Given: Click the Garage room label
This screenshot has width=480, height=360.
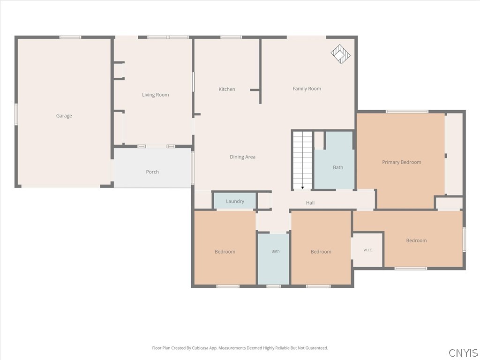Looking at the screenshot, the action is coord(64,116).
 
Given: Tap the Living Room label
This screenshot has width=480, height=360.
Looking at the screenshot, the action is coord(155,95).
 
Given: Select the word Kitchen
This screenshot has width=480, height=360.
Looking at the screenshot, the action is coord(227,89).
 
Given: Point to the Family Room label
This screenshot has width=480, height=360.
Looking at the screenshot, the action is coord(307,89).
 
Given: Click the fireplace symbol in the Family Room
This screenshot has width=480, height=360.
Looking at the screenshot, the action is coord(340,54).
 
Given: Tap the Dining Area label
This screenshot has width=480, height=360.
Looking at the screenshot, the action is coord(242,157).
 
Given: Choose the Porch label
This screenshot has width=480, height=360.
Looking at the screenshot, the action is coord(152,172).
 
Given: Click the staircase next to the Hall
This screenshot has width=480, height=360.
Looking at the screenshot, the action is coord(302,160).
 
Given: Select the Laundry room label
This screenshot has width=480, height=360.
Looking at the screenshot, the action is coord(235,201).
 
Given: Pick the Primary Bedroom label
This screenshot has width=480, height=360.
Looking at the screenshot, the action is coord(401,162).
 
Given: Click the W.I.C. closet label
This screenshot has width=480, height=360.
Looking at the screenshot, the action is coord(368,250).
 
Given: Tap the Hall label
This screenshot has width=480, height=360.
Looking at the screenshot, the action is coord(310,202).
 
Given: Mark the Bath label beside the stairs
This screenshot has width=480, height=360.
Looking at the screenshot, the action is coord(338,167).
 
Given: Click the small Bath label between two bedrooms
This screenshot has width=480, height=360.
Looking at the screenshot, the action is coord(276,251).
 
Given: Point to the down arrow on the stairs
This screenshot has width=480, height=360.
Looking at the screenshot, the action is coord(302,187).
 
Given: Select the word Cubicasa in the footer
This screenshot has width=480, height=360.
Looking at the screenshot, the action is coord(201,348).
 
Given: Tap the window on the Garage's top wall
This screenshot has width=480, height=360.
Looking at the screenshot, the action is coord(70,37).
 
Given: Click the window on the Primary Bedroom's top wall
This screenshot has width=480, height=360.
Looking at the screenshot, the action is coord(407,112).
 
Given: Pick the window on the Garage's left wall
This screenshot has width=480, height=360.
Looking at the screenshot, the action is coord(16,114).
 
